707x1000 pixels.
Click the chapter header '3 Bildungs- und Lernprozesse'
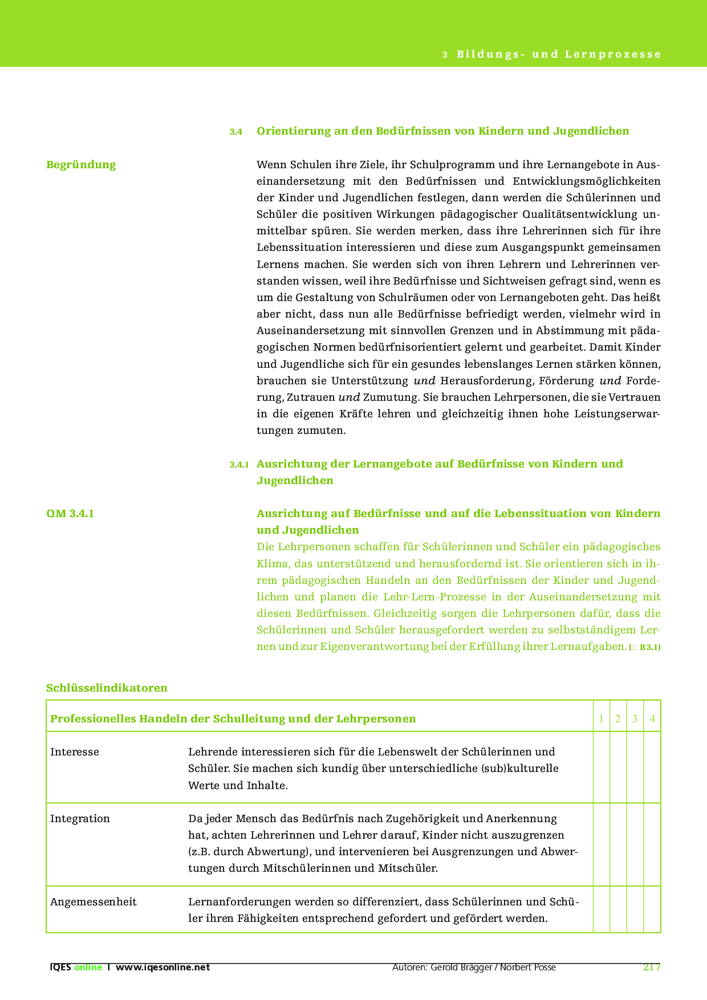click(x=551, y=55)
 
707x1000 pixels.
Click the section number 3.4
click(x=236, y=132)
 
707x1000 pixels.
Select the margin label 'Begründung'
click(x=81, y=165)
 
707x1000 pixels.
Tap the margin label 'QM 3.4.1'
click(x=70, y=514)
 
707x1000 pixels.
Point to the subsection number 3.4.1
click(x=239, y=465)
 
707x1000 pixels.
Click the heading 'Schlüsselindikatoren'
click(x=107, y=688)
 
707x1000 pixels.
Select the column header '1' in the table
click(x=602, y=719)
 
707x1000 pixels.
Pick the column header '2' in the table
click(x=618, y=719)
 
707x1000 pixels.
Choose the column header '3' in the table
click(x=635, y=719)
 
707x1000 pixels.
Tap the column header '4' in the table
click(x=652, y=719)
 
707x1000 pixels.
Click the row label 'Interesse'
click(x=75, y=752)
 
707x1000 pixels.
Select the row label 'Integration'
click(x=80, y=819)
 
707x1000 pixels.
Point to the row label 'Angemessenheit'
click(x=94, y=902)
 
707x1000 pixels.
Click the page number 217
click(x=652, y=967)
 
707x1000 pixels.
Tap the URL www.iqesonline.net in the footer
click(x=163, y=968)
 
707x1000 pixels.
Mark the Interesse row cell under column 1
click(x=602, y=767)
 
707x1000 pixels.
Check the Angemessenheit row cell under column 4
click(x=652, y=909)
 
